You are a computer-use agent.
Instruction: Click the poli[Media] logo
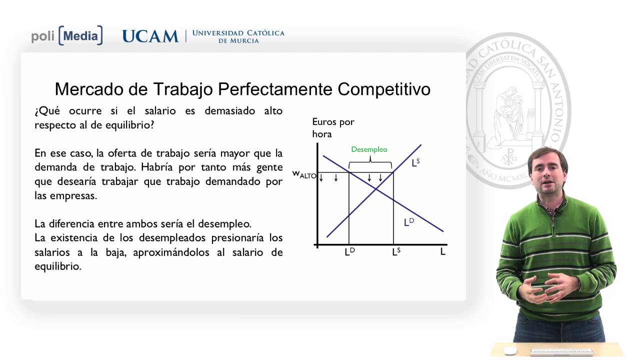[x=67, y=36]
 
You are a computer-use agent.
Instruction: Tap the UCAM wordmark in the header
[x=150, y=36]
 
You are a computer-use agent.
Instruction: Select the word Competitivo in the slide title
[x=384, y=89]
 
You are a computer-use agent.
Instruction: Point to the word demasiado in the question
[x=228, y=110]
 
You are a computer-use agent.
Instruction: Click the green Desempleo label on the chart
[x=369, y=149]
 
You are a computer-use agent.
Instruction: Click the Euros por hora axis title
[x=332, y=128]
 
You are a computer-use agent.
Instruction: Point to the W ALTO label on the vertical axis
[x=304, y=175]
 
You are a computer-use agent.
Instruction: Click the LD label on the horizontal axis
[x=349, y=252]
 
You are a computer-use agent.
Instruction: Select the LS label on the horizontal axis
[x=395, y=252]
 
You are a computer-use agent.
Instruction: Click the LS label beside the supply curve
[x=415, y=162]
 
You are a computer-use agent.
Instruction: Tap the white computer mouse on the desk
[x=509, y=350]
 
